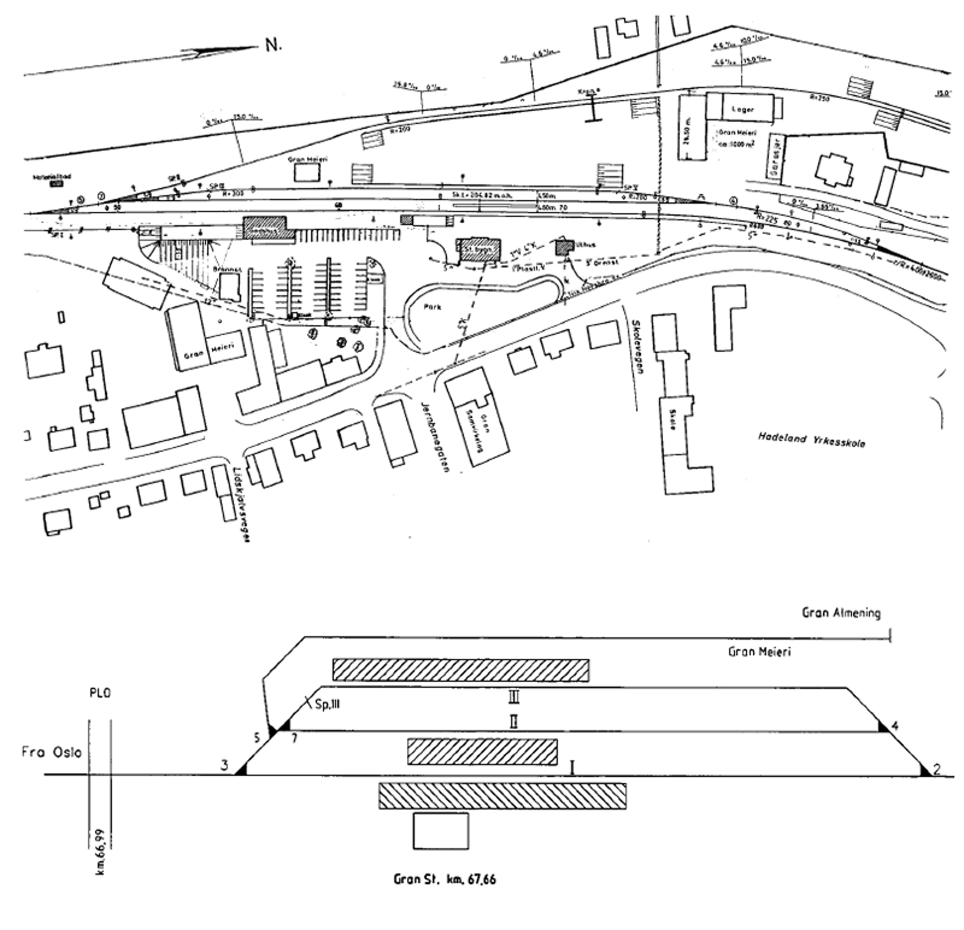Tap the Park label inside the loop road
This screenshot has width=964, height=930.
tap(432, 307)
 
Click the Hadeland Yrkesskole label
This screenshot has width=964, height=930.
tap(811, 440)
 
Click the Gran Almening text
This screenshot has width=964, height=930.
tap(840, 613)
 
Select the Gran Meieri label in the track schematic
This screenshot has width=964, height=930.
tap(759, 652)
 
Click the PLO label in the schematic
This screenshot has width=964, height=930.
tap(99, 693)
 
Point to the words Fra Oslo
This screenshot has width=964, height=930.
tap(51, 752)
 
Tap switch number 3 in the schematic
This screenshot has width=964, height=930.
tap(224, 766)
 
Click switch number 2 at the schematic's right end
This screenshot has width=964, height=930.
tap(937, 769)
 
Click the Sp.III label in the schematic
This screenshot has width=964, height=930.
tap(327, 704)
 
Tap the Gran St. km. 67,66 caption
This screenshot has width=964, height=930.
tap(445, 879)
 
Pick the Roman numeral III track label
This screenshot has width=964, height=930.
tap(513, 697)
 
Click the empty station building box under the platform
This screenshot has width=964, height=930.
tap(440, 831)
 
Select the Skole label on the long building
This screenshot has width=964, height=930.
tap(673, 423)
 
